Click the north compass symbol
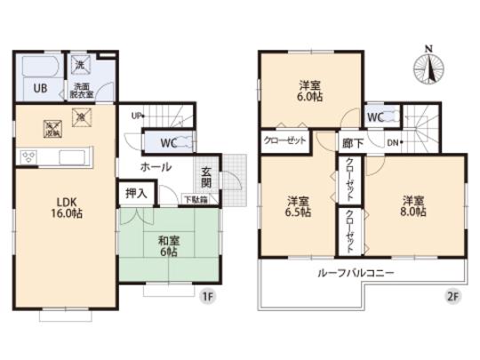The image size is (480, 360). coord(428,67)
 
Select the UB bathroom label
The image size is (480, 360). coord(41,88)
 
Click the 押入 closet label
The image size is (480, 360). coord(136,193)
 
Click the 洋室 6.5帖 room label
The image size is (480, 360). coord(298,206)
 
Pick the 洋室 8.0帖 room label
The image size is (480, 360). coord(412,205)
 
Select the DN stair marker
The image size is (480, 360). coord(393,142)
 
